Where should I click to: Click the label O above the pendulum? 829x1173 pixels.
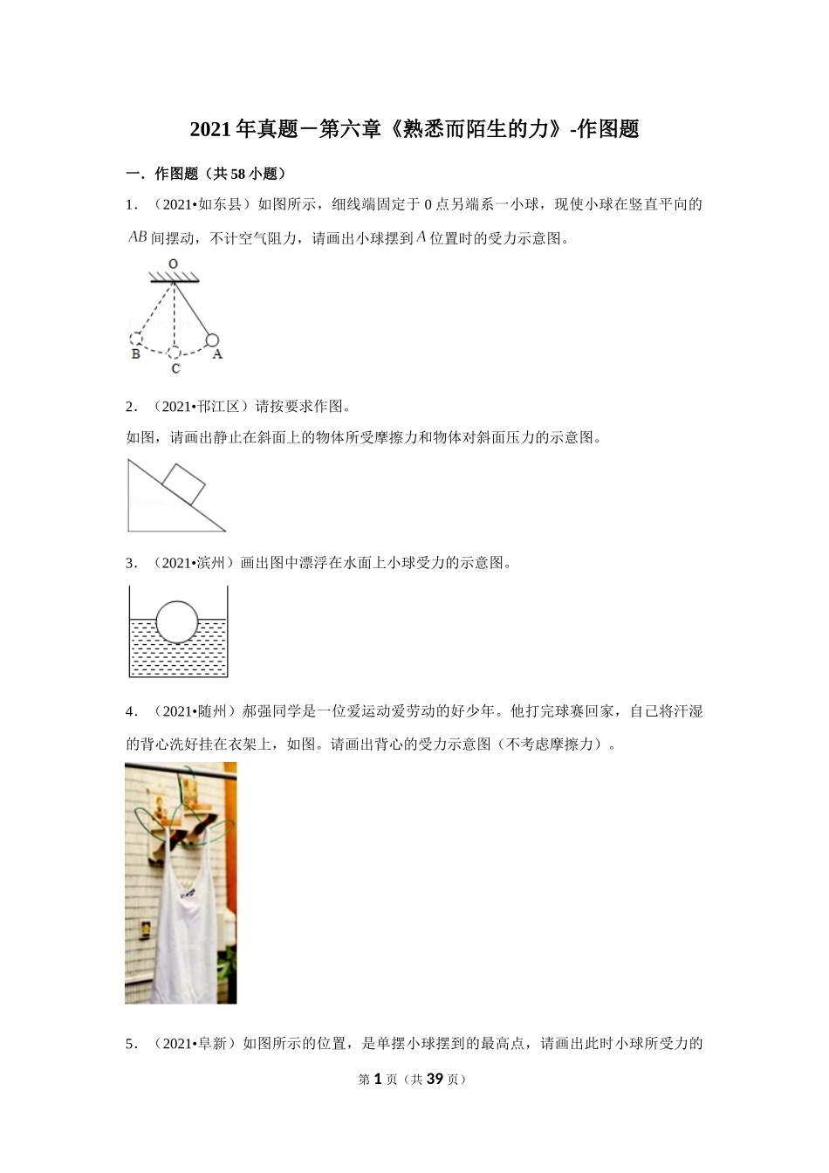tap(174, 263)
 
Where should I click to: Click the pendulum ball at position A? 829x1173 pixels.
tap(211, 340)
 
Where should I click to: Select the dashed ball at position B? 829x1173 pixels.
tap(136, 340)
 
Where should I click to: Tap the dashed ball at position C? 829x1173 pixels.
tap(175, 352)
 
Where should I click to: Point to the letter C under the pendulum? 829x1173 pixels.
tap(175, 369)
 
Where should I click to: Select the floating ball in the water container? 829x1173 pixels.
tap(178, 621)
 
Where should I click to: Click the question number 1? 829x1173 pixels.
tap(131, 205)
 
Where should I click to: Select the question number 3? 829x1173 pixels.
tap(131, 563)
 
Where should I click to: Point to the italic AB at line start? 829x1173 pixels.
tap(138, 237)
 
